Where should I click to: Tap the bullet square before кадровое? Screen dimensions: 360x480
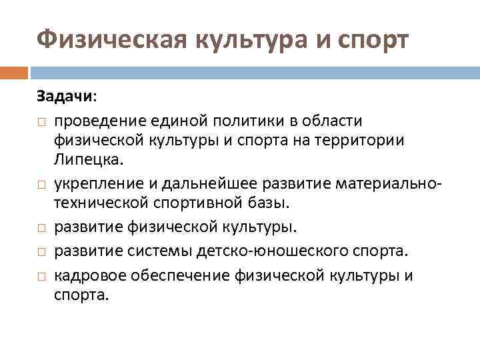(41, 275)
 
